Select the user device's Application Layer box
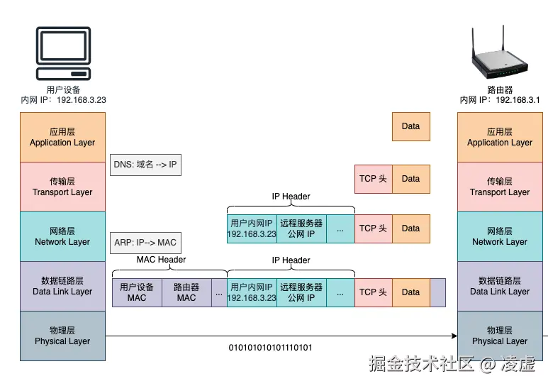click(62, 137)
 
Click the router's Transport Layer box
click(499, 187)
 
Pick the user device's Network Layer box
click(62, 236)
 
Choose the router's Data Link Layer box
click(499, 286)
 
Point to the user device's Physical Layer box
click(62, 336)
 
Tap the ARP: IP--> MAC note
click(145, 243)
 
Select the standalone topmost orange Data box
click(410, 126)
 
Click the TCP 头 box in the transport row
click(373, 179)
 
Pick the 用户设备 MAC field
click(137, 292)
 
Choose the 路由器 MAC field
click(186, 292)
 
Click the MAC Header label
click(161, 260)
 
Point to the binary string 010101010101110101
click(270, 348)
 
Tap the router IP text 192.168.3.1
click(518, 100)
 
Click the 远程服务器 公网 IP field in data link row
click(301, 292)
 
